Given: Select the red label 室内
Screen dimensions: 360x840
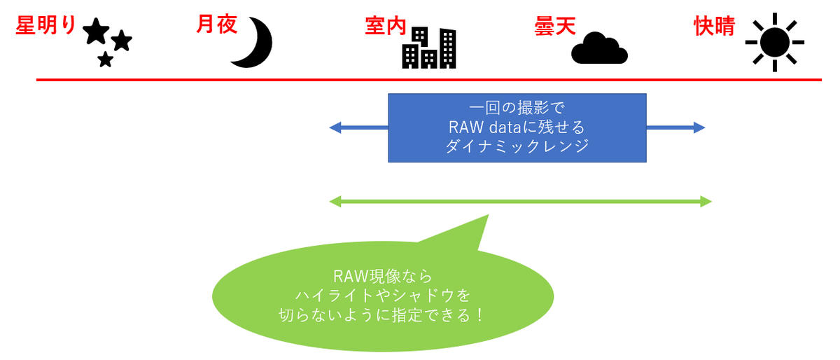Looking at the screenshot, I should tap(385, 27).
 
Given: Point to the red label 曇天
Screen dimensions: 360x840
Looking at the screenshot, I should tap(554, 27).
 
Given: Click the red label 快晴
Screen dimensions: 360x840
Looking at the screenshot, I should tap(714, 27).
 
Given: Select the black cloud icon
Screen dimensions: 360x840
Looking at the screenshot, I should tap(599, 48).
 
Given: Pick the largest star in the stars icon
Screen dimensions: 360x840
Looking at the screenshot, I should tap(95, 32).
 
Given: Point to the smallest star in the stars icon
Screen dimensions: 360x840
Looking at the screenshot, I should tap(105, 60).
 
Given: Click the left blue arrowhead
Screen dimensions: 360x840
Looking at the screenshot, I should tap(335, 127).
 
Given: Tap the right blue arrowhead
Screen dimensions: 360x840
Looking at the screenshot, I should tap(699, 127).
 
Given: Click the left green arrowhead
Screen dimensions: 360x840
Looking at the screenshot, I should tap(335, 202).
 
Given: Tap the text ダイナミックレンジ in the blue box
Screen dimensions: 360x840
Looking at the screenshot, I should tap(517, 146).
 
